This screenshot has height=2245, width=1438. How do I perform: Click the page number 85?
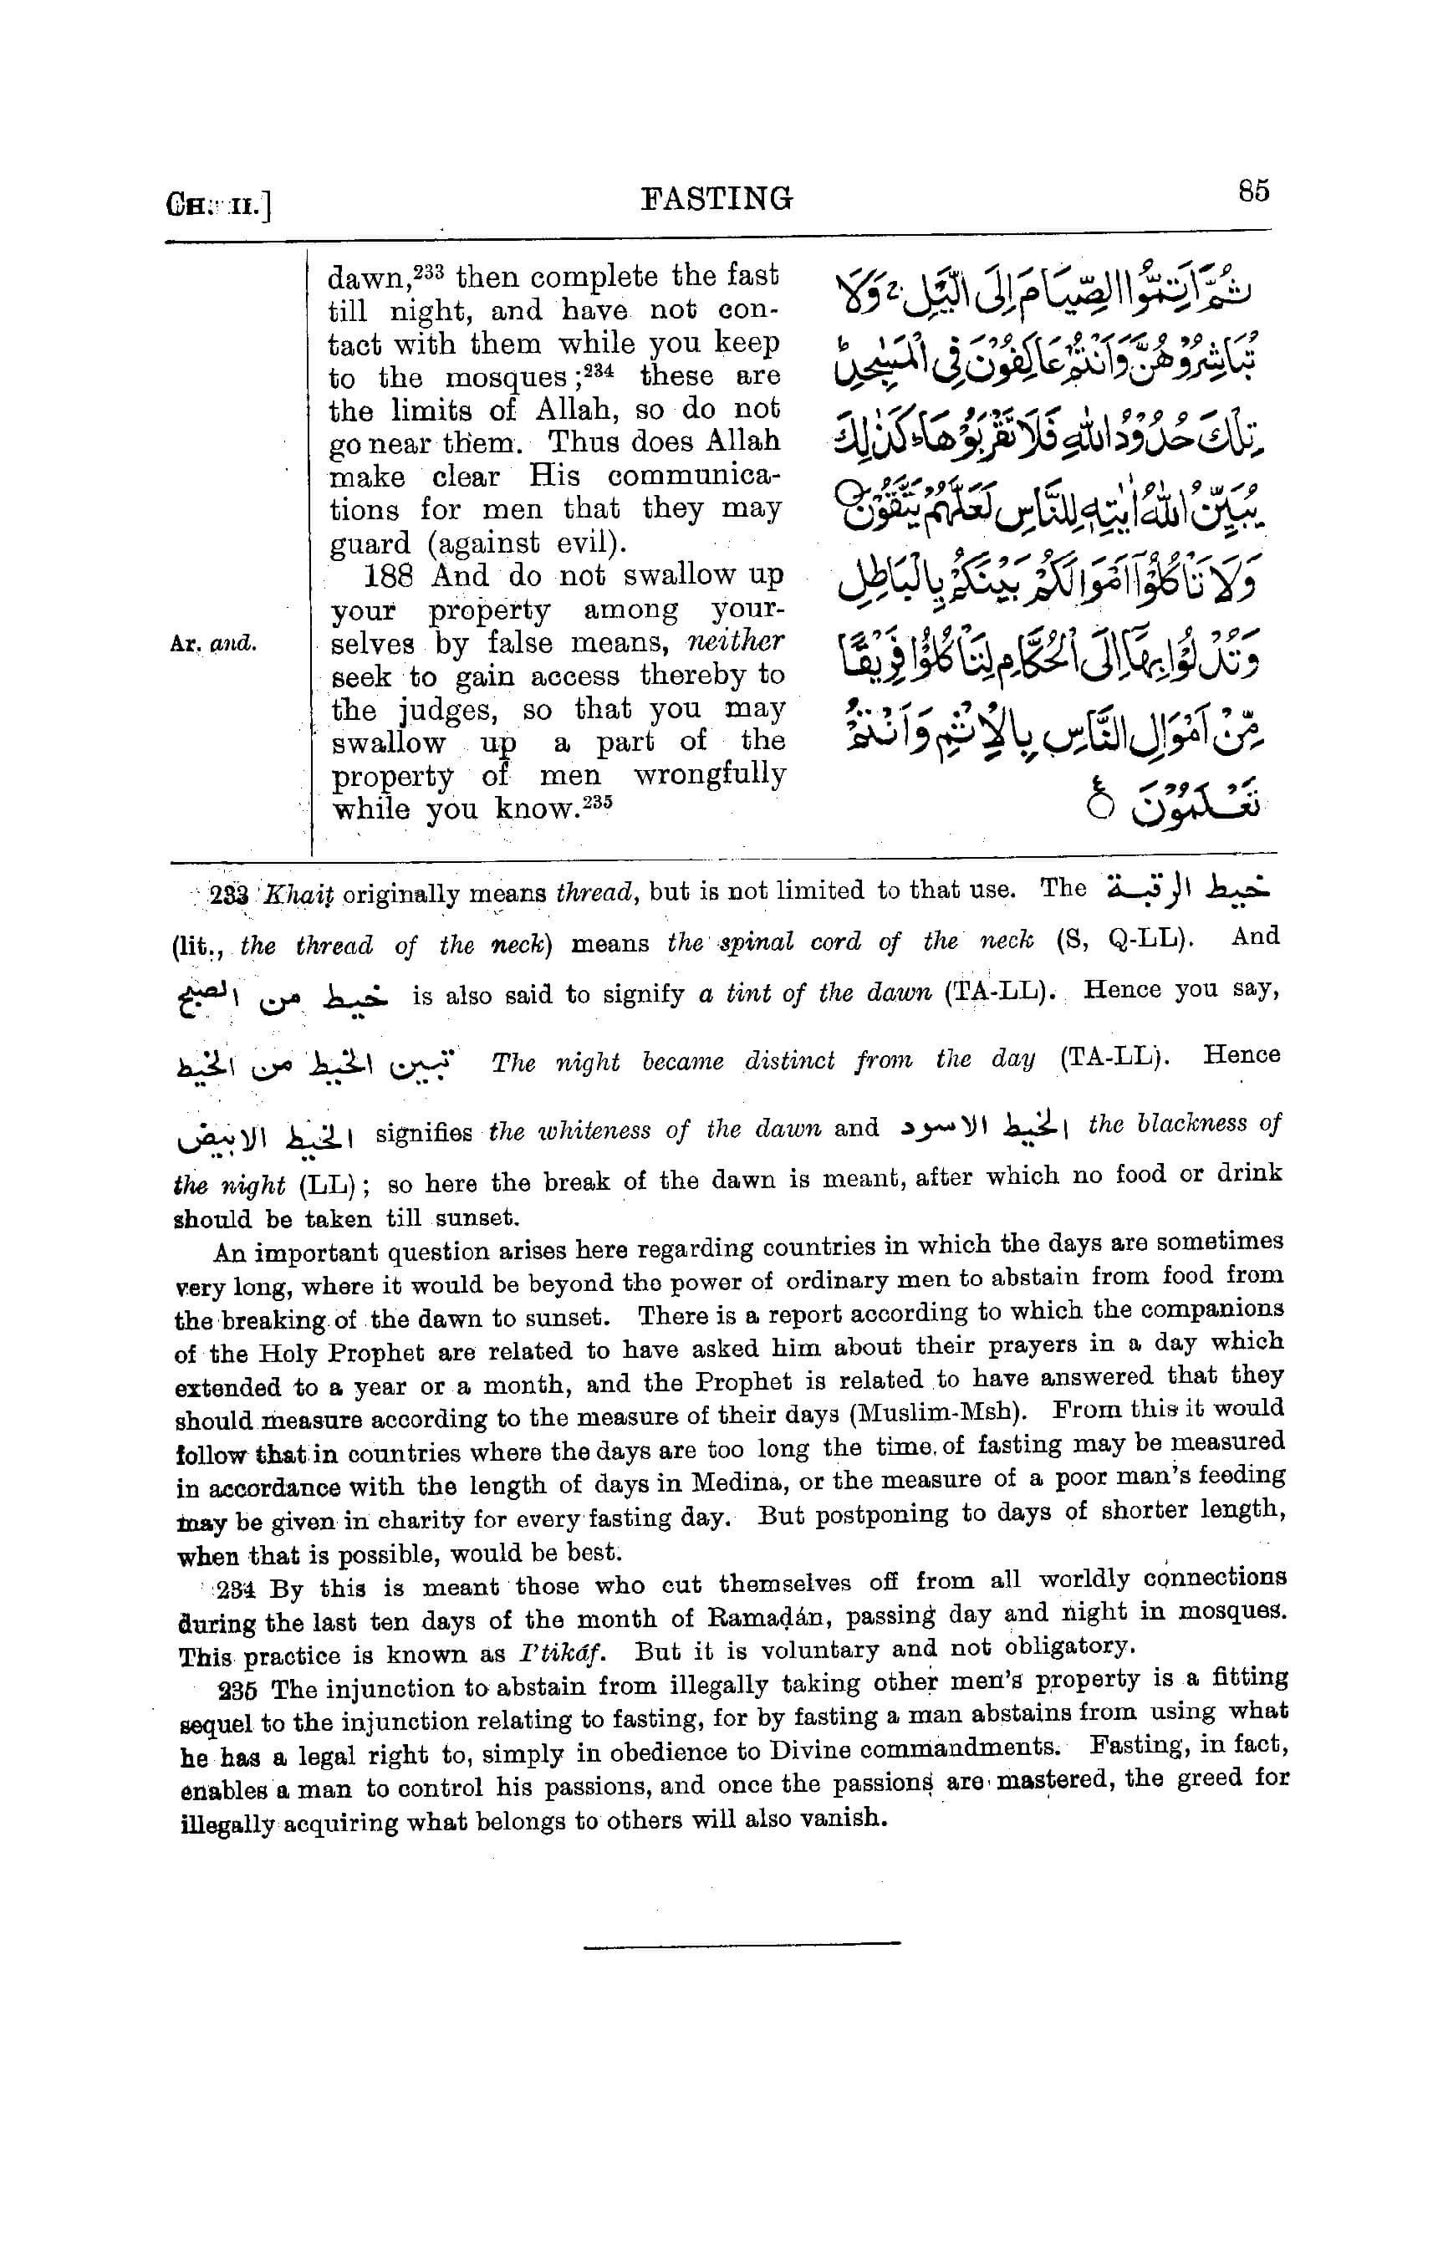pos(1253,191)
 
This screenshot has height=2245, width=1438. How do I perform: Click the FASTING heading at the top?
pos(717,198)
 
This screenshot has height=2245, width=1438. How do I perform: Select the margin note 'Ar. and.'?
pos(213,644)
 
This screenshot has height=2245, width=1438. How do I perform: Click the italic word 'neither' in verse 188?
pos(736,642)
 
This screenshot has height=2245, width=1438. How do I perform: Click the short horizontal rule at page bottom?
pos(742,1944)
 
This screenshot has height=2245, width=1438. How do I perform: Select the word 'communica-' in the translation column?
pos(693,477)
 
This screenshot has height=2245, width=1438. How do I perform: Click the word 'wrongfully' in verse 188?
pos(710,774)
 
